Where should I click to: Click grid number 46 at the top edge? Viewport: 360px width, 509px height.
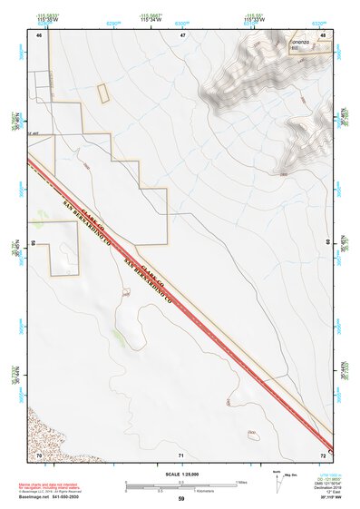[x=39, y=34]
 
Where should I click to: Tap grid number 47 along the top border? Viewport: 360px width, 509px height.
[x=182, y=34]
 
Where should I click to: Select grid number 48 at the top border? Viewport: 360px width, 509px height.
[x=324, y=34]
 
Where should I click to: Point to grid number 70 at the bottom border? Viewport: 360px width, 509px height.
[x=39, y=454]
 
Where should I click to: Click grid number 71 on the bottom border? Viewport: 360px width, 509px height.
[x=181, y=455]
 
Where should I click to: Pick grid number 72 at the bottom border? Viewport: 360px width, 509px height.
[x=324, y=454]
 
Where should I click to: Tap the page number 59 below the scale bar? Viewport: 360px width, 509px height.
[x=181, y=499]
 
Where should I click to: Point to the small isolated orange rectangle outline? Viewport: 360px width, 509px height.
[x=102, y=92]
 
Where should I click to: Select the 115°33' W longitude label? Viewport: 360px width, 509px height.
[x=254, y=21]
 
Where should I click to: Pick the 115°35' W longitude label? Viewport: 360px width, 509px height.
[x=40, y=21]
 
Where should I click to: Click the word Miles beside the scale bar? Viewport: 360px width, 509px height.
[x=241, y=482]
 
